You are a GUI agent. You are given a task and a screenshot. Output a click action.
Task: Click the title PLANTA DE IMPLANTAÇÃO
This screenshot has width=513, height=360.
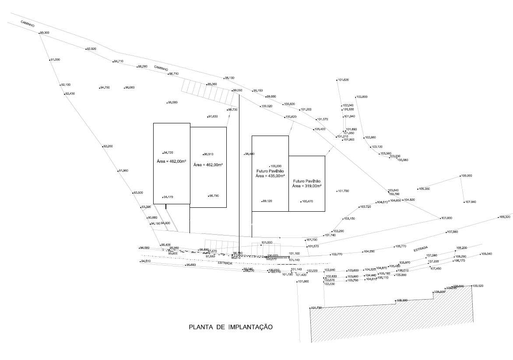tap(231, 327)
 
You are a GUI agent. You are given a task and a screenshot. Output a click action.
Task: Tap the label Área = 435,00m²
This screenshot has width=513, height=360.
tap(270, 175)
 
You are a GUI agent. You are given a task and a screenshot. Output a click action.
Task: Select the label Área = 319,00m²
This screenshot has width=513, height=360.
tap(307, 185)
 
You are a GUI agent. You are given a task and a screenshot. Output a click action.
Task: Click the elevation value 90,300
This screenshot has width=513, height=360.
tap(44, 33)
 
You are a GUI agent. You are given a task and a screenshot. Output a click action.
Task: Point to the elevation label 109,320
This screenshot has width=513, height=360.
tap(505, 217)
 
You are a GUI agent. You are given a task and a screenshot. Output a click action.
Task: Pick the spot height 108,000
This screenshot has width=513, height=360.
tap(466, 176)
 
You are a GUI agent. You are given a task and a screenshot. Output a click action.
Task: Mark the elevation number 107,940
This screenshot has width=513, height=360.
tap(471, 202)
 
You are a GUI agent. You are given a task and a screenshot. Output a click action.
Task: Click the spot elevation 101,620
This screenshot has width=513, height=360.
tap(343, 80)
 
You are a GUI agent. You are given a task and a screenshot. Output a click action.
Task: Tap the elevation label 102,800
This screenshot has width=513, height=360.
tap(362, 97)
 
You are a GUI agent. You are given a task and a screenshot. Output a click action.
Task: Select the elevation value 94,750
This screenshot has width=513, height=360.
tap(105, 88)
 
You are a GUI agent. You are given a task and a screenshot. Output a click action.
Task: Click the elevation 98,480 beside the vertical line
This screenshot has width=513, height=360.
tap(249, 154)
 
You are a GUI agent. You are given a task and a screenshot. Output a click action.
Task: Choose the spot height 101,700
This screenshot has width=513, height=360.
tap(343, 191)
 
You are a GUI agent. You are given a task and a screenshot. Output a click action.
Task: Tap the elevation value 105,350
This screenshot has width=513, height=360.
tap(424, 189)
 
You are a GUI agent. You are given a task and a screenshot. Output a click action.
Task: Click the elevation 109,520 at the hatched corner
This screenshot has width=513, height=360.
tap(478, 286)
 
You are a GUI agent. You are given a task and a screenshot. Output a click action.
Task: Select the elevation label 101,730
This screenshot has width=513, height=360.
tap(316, 308)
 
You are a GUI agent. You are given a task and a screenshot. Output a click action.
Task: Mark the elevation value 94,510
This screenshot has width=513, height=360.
tap(145, 261)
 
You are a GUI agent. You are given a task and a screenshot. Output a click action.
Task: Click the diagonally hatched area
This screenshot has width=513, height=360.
tap(394, 319)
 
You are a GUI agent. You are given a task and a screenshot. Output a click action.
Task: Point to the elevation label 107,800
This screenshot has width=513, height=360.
tap(446, 218)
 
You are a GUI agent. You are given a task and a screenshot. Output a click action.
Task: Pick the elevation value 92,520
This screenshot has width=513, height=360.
tap(91, 49)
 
